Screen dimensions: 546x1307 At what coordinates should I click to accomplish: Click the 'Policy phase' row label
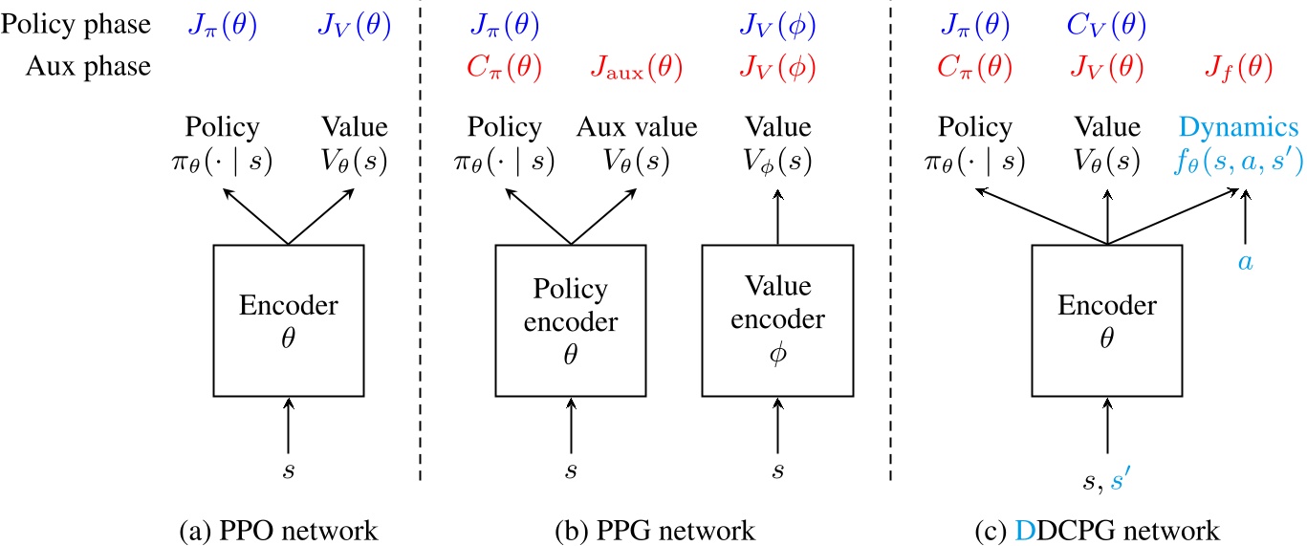pos(76,26)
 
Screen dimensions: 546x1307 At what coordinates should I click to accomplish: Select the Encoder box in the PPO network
pos(287,319)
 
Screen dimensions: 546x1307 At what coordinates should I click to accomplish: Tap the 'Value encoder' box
pos(777,319)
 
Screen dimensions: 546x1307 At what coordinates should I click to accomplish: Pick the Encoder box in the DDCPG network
pos(1106,319)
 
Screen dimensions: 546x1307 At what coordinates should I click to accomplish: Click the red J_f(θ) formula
pos(1238,67)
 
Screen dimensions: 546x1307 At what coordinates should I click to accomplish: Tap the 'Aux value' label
pos(638,128)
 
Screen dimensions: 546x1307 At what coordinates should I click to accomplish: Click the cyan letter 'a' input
pos(1245,260)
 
